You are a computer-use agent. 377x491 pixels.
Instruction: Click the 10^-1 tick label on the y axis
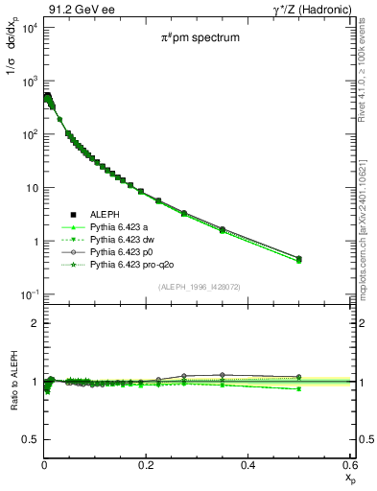pyautogui.click(x=29, y=293)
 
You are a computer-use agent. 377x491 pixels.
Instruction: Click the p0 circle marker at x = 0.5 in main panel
pyautogui.click(x=299, y=258)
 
